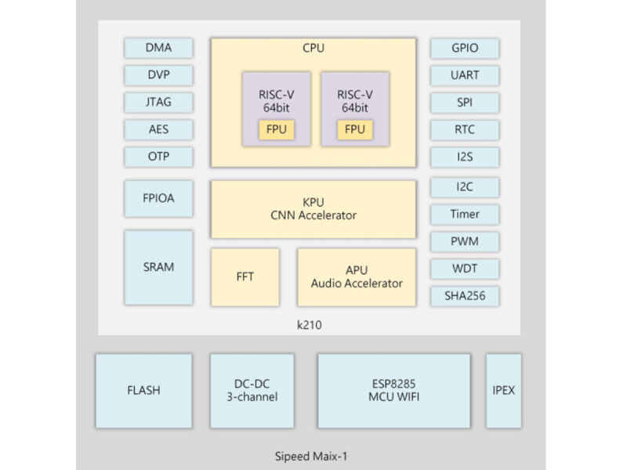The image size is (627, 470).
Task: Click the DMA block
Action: [x=158, y=48]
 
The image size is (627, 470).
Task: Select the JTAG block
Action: [x=158, y=102]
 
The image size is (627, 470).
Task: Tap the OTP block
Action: [x=158, y=156]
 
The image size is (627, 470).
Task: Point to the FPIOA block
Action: [x=158, y=198]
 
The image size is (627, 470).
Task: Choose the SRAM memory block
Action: [x=158, y=267]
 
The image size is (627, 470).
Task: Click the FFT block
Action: [x=245, y=277]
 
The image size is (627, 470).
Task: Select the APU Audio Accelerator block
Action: [x=356, y=277]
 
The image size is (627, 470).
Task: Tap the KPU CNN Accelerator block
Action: [x=313, y=209]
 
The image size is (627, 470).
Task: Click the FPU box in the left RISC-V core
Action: [x=277, y=129]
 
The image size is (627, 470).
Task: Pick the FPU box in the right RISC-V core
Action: [x=355, y=129]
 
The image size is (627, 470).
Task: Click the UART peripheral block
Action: [x=465, y=75]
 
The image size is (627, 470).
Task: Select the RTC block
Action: [x=465, y=129]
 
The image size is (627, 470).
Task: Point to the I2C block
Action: [x=465, y=187]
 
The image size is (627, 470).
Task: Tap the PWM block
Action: [x=465, y=241]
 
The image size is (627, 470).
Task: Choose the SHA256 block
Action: [x=465, y=295]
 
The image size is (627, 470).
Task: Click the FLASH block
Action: [x=143, y=391]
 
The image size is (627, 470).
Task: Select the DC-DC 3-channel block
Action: [x=252, y=391]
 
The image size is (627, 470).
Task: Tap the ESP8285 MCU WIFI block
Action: [x=393, y=391]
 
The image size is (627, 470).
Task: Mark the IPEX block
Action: [x=503, y=391]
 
